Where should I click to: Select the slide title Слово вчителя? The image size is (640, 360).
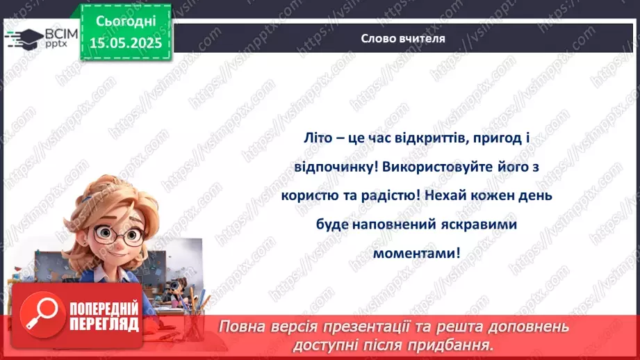click(403, 39)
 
